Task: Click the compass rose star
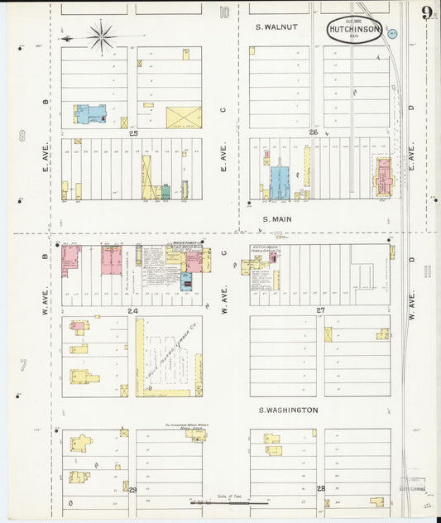[102, 36]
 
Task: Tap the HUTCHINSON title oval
[354, 28]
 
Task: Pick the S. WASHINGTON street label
[287, 410]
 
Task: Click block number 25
[133, 132]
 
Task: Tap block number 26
[314, 132]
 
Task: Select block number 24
[132, 310]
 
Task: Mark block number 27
[320, 310]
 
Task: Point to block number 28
[321, 488]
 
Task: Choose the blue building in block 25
[91, 114]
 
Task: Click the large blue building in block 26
[280, 182]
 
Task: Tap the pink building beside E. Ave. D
[384, 176]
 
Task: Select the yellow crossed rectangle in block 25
[183, 118]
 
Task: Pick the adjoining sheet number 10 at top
[224, 12]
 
